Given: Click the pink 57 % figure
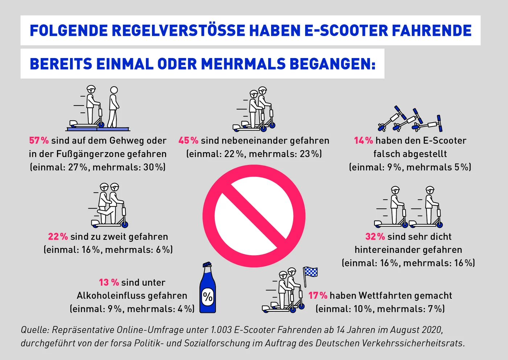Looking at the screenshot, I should click(39, 140).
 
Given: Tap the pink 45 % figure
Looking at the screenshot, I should click(188, 140).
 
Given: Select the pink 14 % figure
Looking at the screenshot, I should click(364, 140).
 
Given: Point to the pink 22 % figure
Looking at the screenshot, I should click(58, 236).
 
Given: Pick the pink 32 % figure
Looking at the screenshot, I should click(375, 236).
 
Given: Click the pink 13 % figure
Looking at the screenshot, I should click(109, 282).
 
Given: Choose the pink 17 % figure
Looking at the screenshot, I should click(318, 295).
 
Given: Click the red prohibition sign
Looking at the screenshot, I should click(254, 216).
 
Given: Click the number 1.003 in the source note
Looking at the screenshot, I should click(221, 330).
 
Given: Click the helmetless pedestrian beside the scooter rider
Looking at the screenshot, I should click(113, 107).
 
